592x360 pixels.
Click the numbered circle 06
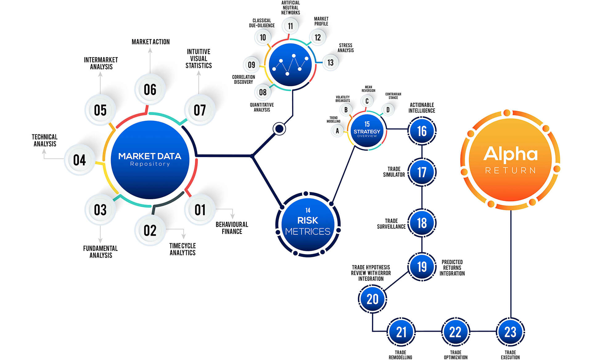(x=150, y=90)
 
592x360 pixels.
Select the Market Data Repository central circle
(x=150, y=159)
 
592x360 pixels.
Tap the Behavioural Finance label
(x=232, y=228)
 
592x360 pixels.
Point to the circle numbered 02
(x=150, y=230)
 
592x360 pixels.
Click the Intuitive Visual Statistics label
(x=199, y=59)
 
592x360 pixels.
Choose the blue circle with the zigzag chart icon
(x=290, y=65)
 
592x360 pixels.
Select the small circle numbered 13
(x=331, y=63)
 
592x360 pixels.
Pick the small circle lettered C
(x=367, y=101)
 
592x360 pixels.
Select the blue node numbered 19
(x=422, y=267)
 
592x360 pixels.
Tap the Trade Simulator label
(x=394, y=172)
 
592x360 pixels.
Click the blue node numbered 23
(x=510, y=332)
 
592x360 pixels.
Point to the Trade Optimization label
(x=455, y=355)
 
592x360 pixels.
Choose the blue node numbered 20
(x=372, y=299)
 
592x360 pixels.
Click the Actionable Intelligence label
(x=422, y=108)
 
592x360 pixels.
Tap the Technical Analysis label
(x=45, y=140)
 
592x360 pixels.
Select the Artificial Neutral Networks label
(x=290, y=8)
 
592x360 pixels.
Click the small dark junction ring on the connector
(x=279, y=129)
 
